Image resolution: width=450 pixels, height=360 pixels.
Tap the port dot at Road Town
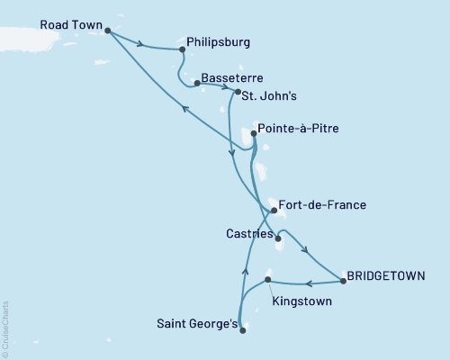[108, 31]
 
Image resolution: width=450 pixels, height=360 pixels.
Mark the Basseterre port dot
[196, 82]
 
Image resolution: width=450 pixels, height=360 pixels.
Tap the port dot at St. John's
[237, 92]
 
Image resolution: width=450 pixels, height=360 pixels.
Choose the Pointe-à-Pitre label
[298, 130]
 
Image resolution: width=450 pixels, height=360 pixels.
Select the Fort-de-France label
[322, 205]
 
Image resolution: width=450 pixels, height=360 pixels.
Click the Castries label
[245, 233]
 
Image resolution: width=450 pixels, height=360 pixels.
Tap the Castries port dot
[277, 239]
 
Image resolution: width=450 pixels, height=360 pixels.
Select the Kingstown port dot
[268, 280]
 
